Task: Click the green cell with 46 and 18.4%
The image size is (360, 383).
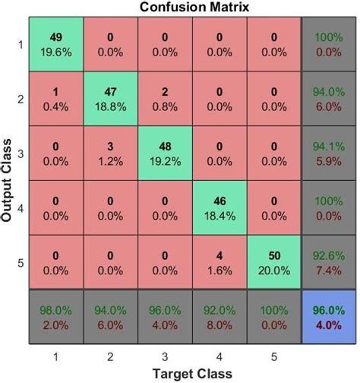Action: coord(219,206)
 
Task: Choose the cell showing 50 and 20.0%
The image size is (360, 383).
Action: coord(273,261)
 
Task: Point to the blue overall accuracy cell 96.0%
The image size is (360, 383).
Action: coord(329,315)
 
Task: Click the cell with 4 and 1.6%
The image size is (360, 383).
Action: coord(219,261)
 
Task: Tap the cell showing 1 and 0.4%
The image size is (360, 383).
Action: coord(56,98)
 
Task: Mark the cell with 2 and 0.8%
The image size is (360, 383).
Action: coord(165,98)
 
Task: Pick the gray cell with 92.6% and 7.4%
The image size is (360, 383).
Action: coord(329,261)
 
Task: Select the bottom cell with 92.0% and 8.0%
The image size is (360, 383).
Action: coord(219,315)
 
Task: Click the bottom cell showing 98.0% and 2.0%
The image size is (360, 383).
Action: coord(56,315)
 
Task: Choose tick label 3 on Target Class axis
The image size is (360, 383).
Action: coord(165,356)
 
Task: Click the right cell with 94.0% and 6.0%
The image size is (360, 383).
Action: coord(329,98)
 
